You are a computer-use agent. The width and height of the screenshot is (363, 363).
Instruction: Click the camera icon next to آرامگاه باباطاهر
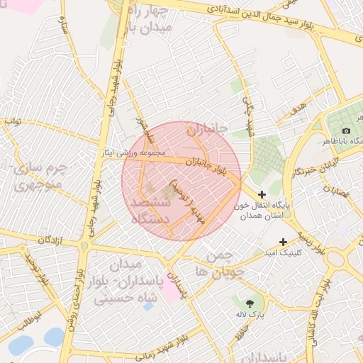click(346, 130)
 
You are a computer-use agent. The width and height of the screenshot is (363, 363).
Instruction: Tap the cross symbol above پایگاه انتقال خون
click(262, 194)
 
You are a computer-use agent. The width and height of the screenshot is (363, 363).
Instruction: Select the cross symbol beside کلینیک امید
click(283, 242)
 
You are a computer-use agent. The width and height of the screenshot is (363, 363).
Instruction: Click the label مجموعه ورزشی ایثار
click(138, 152)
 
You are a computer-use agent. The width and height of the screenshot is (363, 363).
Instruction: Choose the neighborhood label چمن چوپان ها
click(225, 263)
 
